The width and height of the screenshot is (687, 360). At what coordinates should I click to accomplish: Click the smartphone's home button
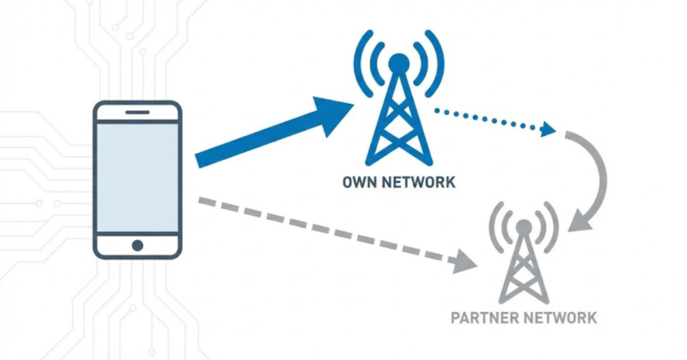click(x=137, y=245)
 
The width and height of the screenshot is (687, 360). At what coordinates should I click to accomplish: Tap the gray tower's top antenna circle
click(x=523, y=228)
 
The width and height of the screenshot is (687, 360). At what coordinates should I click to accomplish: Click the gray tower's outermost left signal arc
click(x=492, y=227)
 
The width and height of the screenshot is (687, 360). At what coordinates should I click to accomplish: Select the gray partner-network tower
click(x=523, y=271)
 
